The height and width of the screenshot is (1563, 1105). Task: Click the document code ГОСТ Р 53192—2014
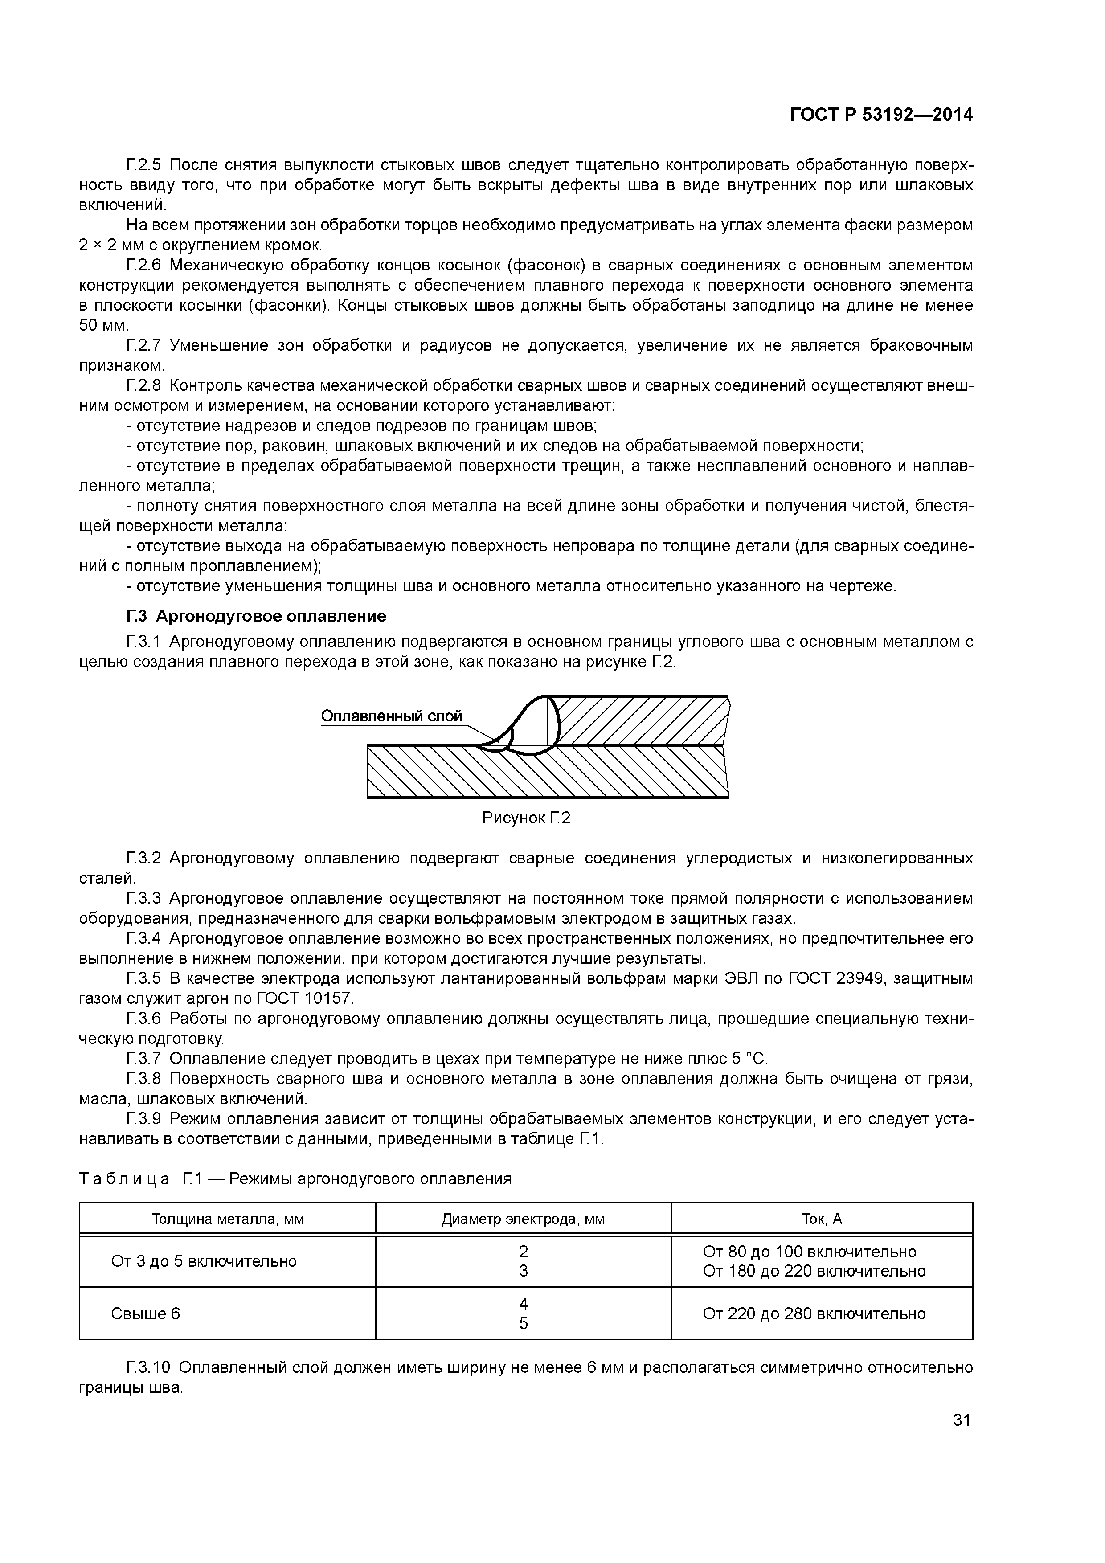click(x=880, y=115)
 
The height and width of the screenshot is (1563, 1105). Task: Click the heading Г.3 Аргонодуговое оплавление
click(x=256, y=616)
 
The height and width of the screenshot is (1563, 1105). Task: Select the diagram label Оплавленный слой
click(x=392, y=716)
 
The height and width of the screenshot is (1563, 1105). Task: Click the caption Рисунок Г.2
click(x=526, y=818)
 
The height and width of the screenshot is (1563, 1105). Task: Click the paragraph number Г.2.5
click(x=143, y=165)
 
